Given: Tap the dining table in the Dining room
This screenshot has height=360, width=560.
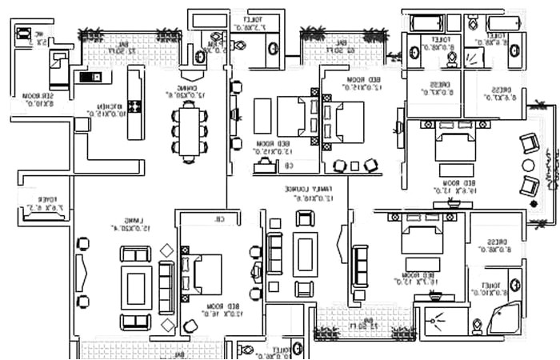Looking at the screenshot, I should point(189,131).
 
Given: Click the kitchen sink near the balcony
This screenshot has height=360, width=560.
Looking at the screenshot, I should point(86,77).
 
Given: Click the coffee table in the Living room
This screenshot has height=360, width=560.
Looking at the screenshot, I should point(136,286).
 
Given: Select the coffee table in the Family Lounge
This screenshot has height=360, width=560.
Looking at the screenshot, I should point(305,254).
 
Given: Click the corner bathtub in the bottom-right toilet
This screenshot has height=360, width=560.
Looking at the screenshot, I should point(503,319).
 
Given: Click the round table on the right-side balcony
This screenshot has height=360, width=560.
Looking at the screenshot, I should point(526,165).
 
